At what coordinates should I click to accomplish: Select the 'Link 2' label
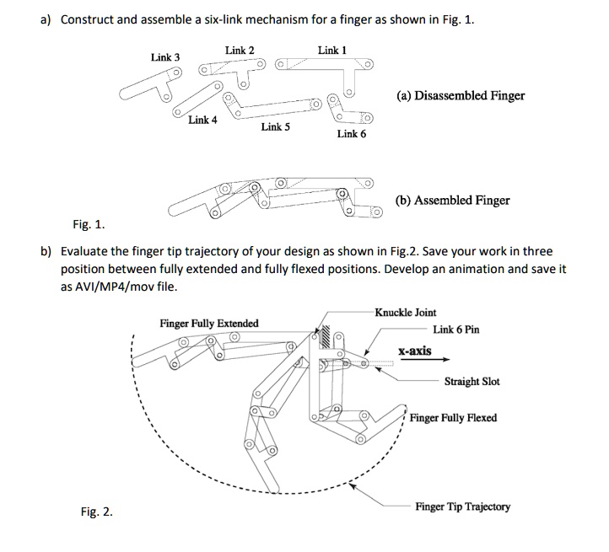240,51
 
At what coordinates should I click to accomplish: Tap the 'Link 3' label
165,57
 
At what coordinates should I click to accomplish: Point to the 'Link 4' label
202,120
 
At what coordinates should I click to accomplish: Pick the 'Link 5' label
276,127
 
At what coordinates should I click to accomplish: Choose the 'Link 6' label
351,133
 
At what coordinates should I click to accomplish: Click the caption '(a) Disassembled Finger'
460,95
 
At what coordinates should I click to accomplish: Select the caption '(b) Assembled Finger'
452,201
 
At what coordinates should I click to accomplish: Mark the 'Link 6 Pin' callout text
455,330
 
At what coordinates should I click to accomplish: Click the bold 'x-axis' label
415,351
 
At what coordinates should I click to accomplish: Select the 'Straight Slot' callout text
472,382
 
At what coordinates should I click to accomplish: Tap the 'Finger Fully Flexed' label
453,418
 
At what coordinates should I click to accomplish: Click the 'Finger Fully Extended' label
209,324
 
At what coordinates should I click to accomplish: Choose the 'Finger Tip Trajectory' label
462,506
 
